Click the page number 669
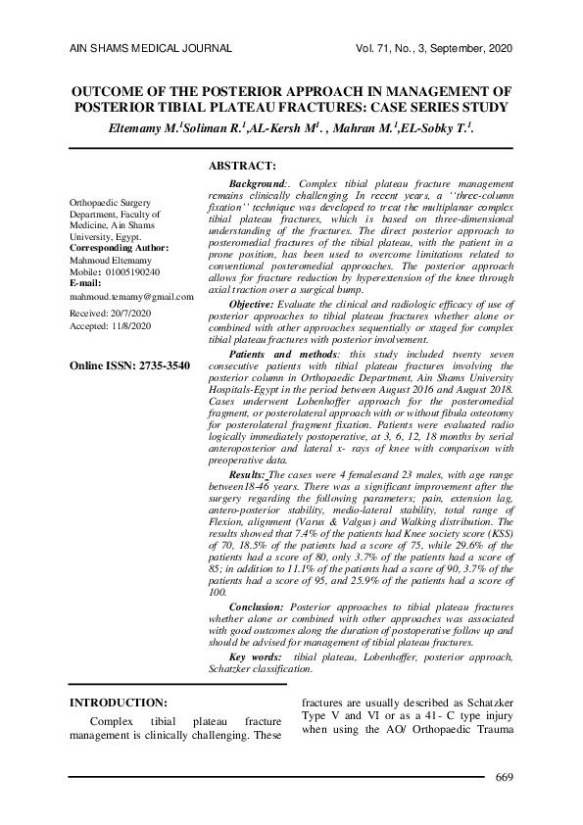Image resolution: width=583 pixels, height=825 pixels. (x=505, y=778)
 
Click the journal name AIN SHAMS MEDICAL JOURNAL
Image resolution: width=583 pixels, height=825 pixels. (x=150, y=48)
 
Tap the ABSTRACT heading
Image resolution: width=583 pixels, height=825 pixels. (x=243, y=168)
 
